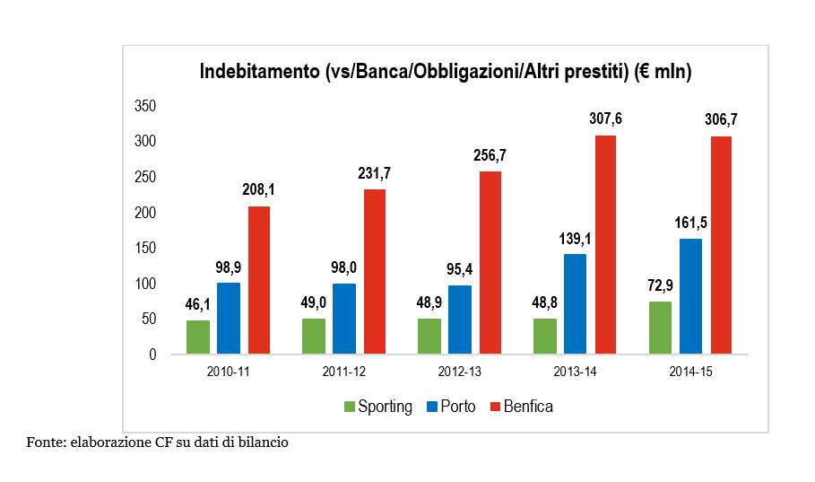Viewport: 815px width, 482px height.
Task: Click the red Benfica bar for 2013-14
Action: (x=606, y=244)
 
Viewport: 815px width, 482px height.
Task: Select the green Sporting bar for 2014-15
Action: (x=660, y=328)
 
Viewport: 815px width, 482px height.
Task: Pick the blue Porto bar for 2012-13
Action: (x=459, y=320)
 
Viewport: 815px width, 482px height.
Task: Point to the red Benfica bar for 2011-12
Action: (x=375, y=271)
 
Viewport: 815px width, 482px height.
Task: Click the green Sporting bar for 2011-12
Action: (x=314, y=336)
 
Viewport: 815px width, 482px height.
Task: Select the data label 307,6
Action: (x=606, y=119)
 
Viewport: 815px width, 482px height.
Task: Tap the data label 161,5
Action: (x=690, y=223)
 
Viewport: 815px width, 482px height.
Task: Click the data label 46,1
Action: (x=198, y=304)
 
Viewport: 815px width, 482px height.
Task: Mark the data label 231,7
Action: (x=375, y=173)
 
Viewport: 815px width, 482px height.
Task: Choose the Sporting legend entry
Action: (x=378, y=407)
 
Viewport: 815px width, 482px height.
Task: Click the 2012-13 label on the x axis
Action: (x=459, y=371)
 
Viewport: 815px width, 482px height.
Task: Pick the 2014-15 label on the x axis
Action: (x=690, y=371)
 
